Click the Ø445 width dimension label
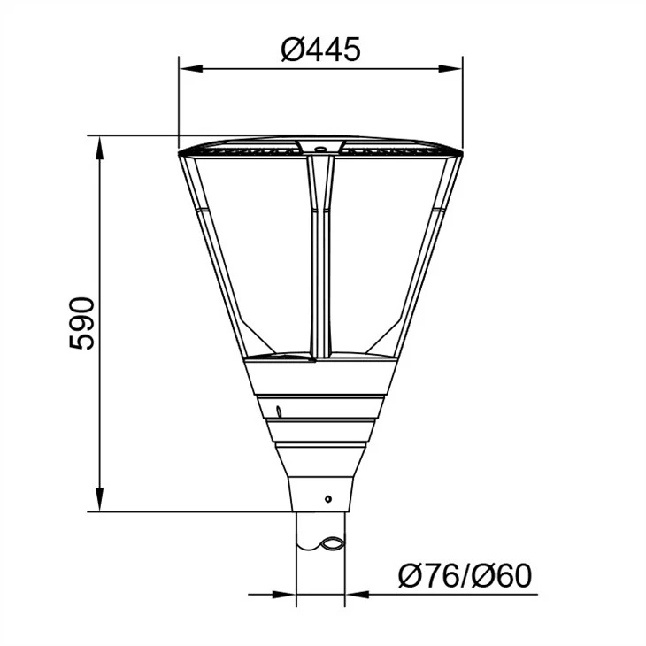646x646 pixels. click(320, 50)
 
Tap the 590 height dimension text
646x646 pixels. click(81, 323)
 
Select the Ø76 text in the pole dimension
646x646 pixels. click(428, 576)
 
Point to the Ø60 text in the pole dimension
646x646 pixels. click(502, 576)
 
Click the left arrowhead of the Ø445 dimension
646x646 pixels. click(191, 69)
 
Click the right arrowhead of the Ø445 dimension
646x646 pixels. click(450, 69)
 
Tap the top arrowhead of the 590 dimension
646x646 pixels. click(99, 149)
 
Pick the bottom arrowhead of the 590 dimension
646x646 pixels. click(99, 499)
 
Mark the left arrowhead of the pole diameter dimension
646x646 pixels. click(284, 595)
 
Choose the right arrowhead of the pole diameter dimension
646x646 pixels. click(357, 595)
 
